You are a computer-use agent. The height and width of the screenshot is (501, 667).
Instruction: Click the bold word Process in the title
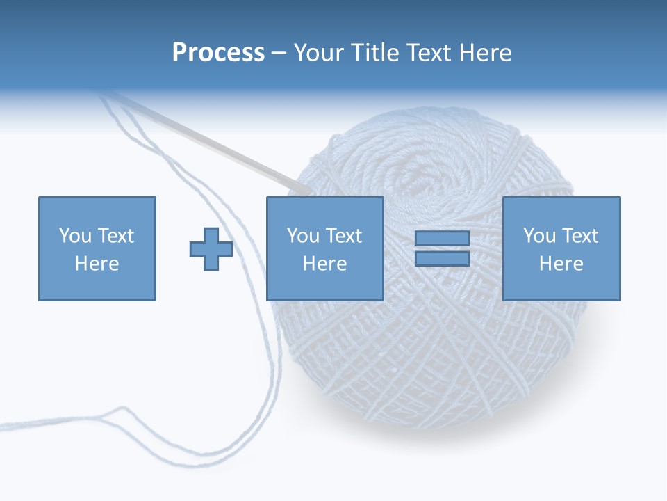[x=218, y=53]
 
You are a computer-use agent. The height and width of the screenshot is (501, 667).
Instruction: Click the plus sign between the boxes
[x=211, y=249]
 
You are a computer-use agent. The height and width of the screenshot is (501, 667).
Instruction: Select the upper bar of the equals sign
[x=442, y=239]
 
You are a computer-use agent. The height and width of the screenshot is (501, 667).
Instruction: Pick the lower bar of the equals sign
[x=442, y=258]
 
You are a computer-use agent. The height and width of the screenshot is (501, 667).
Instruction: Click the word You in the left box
[x=74, y=236]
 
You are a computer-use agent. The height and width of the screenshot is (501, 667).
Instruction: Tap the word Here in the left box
[x=97, y=264]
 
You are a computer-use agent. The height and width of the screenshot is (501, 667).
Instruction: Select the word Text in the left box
[x=115, y=236]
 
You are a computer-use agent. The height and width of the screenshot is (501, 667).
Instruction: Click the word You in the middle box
[x=302, y=236]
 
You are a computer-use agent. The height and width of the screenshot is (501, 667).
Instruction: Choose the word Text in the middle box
[x=343, y=236]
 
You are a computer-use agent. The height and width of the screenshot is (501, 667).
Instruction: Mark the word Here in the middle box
[x=324, y=264]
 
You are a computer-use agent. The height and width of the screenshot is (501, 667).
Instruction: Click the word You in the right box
[x=538, y=236]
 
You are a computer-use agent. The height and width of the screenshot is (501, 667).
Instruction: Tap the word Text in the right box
[x=579, y=236]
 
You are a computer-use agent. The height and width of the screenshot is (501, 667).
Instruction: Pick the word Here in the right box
[x=561, y=264]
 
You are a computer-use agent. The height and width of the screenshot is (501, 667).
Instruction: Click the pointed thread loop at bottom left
[x=122, y=411]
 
